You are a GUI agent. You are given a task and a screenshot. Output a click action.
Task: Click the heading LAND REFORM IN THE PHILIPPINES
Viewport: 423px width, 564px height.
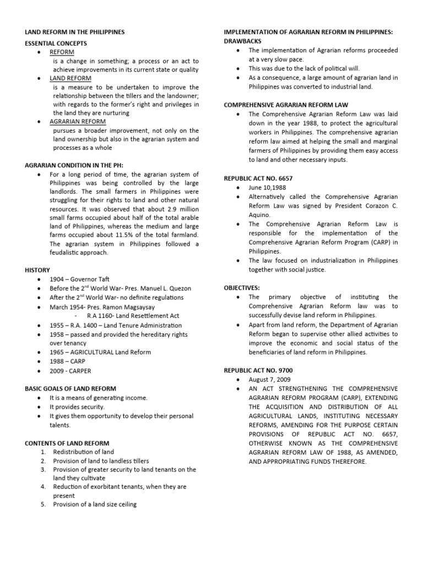pos(75,32)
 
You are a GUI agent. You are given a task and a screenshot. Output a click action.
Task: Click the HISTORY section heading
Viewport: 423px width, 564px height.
pos(37,270)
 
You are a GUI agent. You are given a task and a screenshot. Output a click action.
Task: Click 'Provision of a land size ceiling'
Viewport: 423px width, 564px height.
pos(95,505)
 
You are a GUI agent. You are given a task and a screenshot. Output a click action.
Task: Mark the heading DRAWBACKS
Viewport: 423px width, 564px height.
pos(243,41)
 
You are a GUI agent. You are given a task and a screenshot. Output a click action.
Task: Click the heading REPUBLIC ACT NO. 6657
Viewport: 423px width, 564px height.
pos(258,178)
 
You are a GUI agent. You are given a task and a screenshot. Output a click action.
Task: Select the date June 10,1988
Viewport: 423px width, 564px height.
pos(267,188)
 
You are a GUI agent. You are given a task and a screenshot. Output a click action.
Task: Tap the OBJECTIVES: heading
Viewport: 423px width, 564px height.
pos(242,288)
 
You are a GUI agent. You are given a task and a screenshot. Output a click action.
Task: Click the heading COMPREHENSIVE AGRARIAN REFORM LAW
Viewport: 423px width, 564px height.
pos(286,104)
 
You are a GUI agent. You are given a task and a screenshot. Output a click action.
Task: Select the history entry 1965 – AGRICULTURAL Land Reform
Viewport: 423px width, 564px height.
pos(100,352)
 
